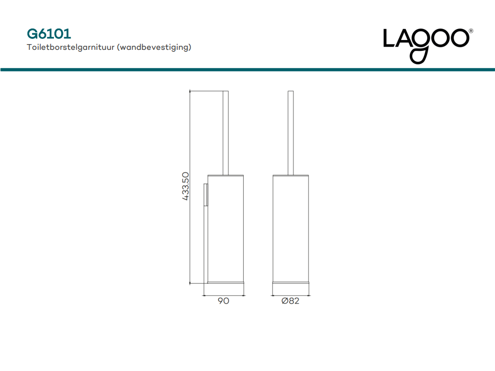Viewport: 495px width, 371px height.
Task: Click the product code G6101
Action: [49, 34]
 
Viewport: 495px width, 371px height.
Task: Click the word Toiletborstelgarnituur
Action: [70, 47]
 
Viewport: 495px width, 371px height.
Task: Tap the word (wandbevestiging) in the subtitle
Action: [154, 47]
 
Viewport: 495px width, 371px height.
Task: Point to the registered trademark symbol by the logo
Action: [471, 31]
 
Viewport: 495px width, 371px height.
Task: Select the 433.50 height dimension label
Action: [186, 186]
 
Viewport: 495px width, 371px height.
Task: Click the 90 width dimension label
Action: [223, 301]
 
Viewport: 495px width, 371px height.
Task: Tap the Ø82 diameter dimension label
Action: [290, 301]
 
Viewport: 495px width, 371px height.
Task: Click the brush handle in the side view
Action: [225, 133]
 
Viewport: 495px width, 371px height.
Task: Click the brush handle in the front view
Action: [291, 133]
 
